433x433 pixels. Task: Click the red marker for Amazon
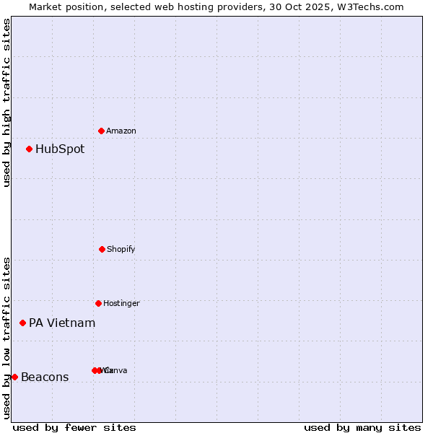pyautogui.click(x=102, y=131)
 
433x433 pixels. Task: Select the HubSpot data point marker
pyautogui.click(x=30, y=149)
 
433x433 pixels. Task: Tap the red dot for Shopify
pyautogui.click(x=102, y=249)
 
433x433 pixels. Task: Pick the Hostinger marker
pyautogui.click(x=99, y=303)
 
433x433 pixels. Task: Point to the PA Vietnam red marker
pyautogui.click(x=23, y=323)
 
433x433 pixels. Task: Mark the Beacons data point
pyautogui.click(x=14, y=377)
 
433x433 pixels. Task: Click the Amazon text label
pyautogui.click(x=121, y=131)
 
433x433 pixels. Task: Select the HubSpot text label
pyautogui.click(x=60, y=149)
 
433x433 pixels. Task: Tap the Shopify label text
pyautogui.click(x=121, y=249)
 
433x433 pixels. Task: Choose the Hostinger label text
pyautogui.click(x=121, y=303)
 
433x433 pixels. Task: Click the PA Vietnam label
pyautogui.click(x=62, y=323)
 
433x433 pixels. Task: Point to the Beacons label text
pyautogui.click(x=45, y=377)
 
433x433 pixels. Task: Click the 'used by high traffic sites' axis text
pyautogui.click(x=6, y=102)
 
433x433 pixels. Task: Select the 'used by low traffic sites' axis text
pyautogui.click(x=6, y=337)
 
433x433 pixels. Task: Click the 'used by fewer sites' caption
pyautogui.click(x=74, y=428)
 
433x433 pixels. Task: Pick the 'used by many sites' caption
pyautogui.click(x=362, y=428)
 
